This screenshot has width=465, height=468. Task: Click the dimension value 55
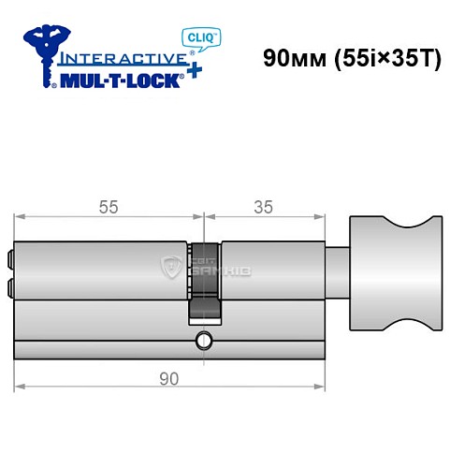(x=109, y=208)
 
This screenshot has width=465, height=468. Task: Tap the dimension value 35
(x=263, y=208)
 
